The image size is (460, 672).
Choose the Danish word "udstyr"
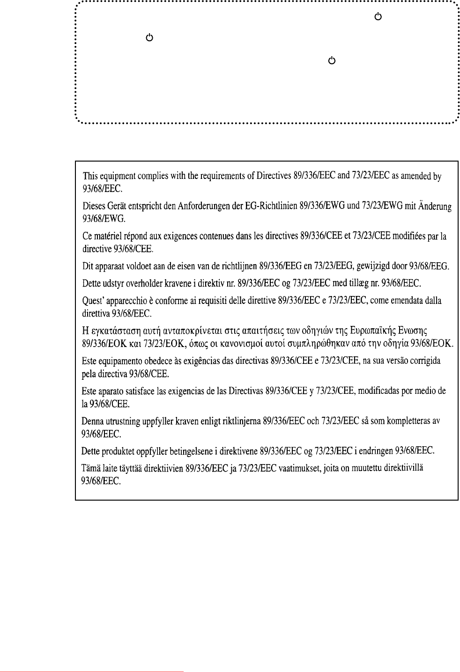114,283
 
